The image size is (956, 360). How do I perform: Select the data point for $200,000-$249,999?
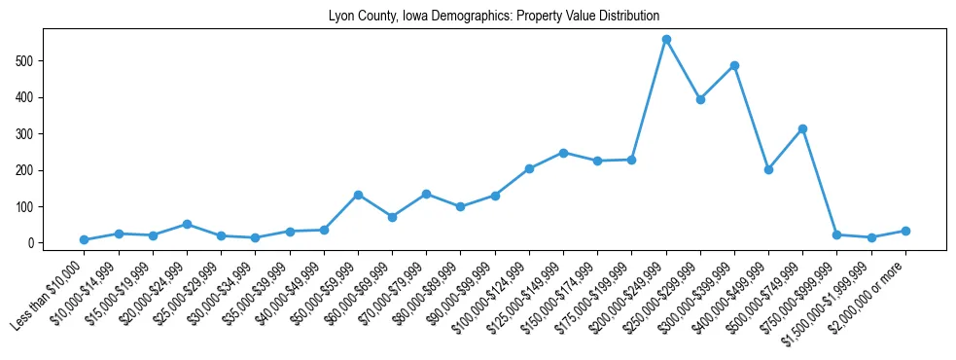coord(666,39)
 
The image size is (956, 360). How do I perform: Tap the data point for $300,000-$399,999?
coord(734,66)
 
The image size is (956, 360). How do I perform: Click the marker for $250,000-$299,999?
coord(700,99)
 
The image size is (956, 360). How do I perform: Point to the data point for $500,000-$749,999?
coord(802,128)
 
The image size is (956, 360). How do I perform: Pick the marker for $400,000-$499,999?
coord(768,169)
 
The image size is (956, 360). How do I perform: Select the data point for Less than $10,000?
coord(85,239)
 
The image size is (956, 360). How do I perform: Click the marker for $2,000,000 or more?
coord(905,231)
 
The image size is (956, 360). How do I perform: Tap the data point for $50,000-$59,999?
coord(358,195)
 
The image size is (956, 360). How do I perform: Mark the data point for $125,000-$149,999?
coord(563,153)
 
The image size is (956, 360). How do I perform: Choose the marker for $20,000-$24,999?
coord(187,224)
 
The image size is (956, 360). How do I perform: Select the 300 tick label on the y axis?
coord(26,134)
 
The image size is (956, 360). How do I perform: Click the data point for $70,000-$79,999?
coord(426,194)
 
